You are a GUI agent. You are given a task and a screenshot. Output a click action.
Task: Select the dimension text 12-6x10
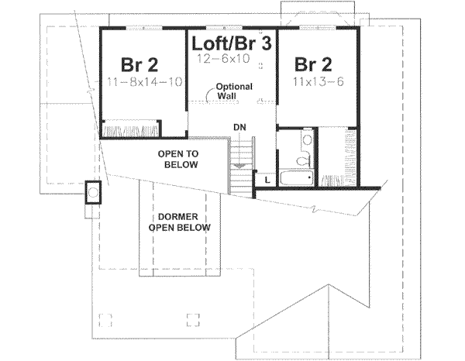[x=229, y=59]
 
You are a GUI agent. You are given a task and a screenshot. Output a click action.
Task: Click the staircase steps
[x=243, y=163]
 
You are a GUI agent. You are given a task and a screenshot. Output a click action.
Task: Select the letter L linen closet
[x=267, y=180]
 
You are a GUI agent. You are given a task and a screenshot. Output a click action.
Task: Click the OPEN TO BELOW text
[x=177, y=160]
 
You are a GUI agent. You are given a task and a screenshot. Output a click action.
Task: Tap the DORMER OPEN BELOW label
[x=179, y=222]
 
